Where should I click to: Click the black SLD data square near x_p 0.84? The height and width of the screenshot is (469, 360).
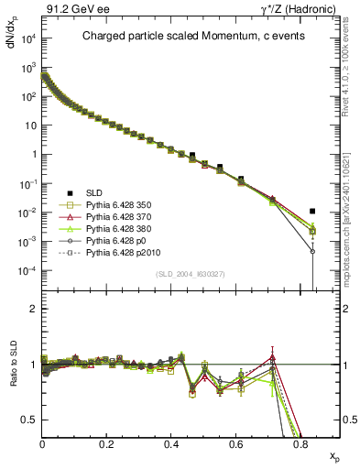coord(312,211)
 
